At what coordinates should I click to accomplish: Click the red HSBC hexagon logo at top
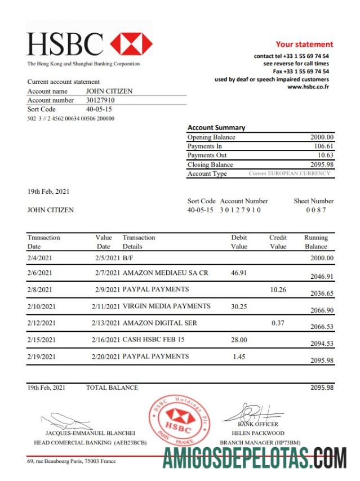131,44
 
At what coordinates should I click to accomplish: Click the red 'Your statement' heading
304,44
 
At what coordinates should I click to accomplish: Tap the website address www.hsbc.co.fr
308,87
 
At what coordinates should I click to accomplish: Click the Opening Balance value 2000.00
322,137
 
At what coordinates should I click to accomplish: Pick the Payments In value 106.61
323,146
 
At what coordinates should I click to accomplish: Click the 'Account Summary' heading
216,128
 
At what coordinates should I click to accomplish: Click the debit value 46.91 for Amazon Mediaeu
239,273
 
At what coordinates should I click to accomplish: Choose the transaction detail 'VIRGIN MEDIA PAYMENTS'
167,306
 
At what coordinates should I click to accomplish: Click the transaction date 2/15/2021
42,340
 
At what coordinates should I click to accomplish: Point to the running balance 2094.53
322,344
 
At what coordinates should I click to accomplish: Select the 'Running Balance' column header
315,242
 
